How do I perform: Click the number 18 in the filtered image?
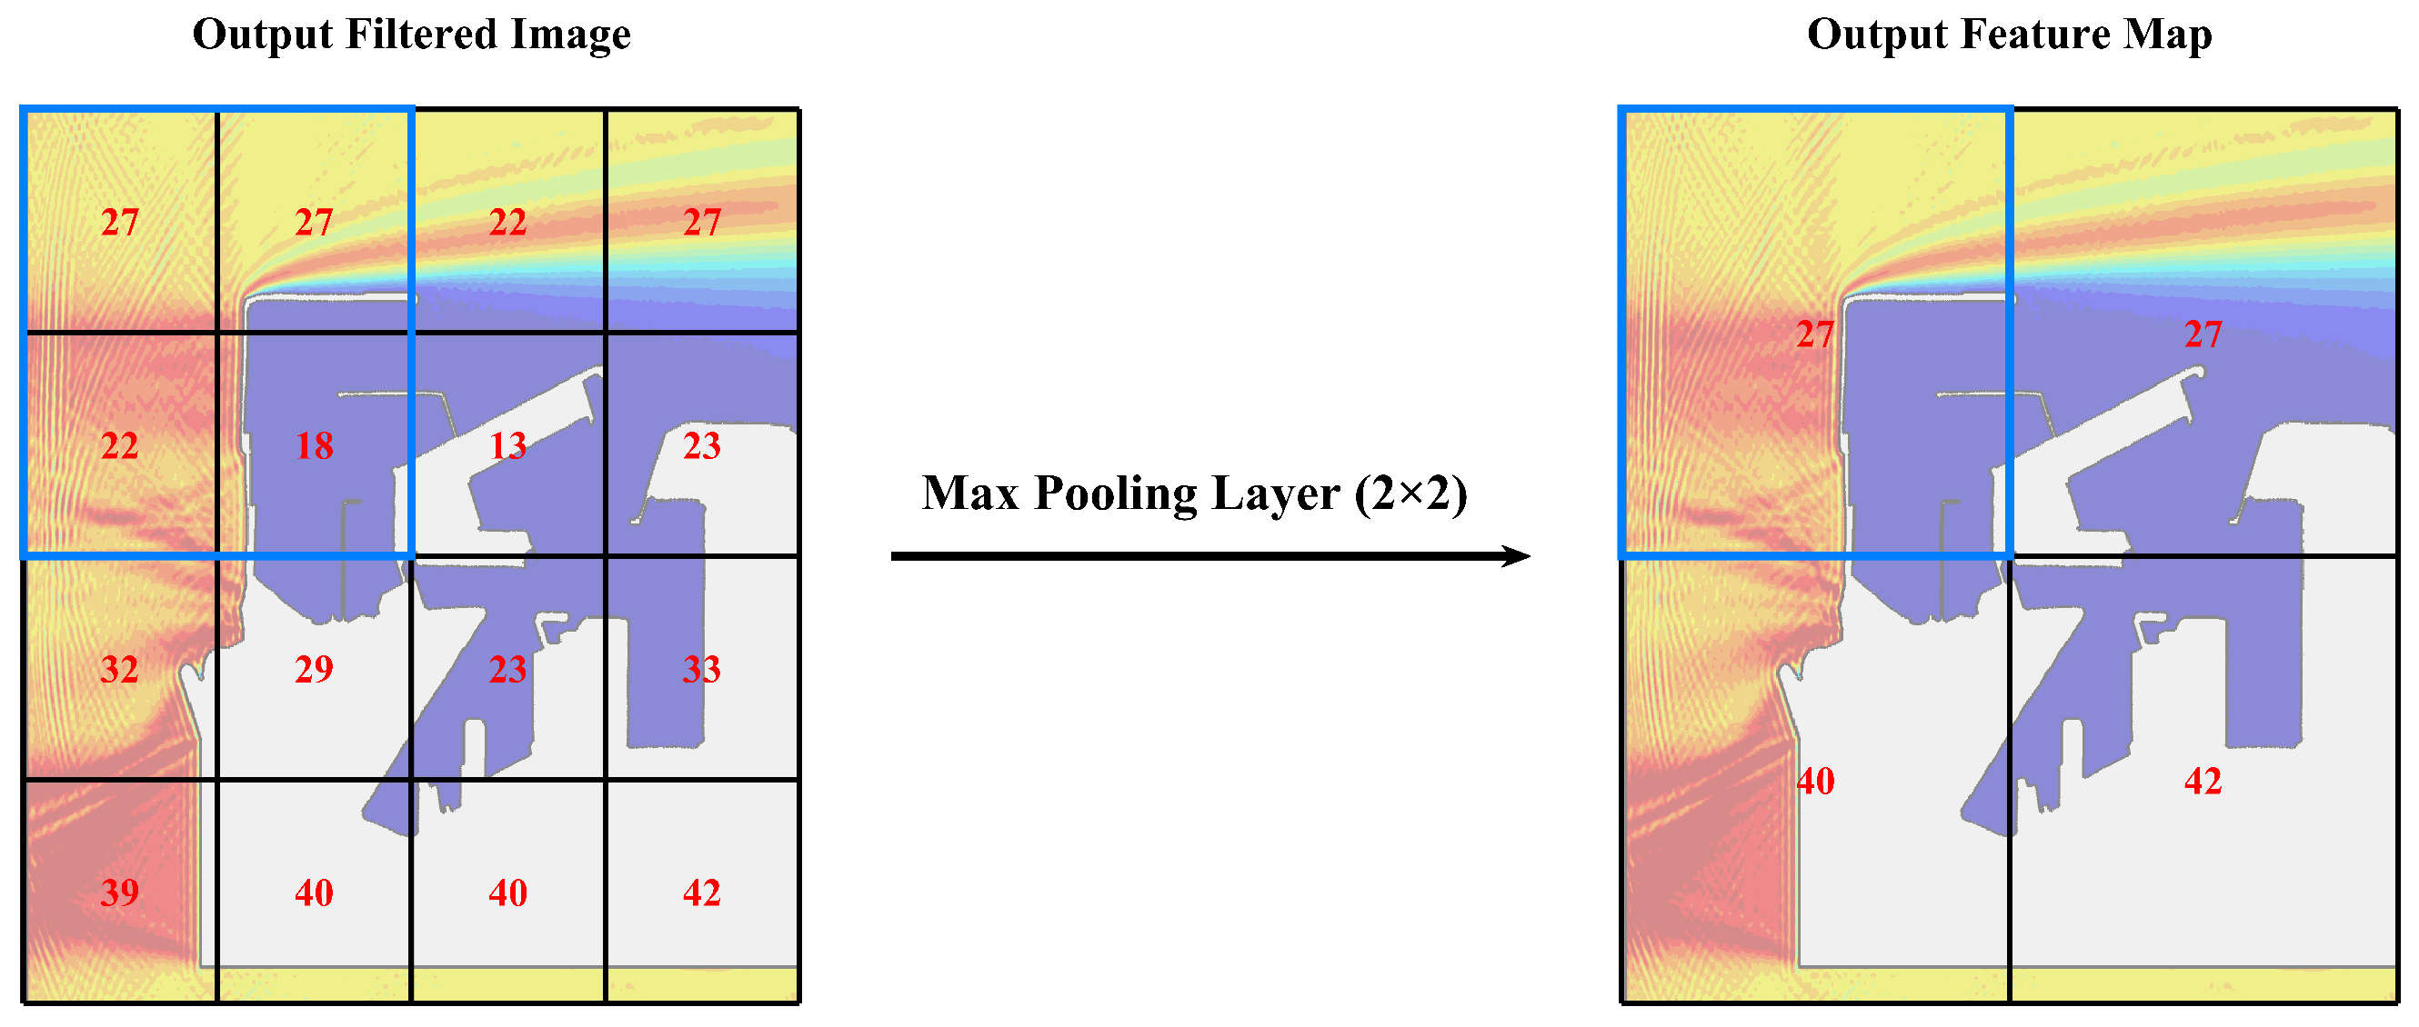click(x=314, y=446)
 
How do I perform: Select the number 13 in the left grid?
click(x=508, y=446)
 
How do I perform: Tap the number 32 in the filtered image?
click(x=119, y=669)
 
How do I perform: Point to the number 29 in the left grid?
click(x=314, y=669)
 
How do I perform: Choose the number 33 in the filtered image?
click(x=701, y=669)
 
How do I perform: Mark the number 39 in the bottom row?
click(x=119, y=892)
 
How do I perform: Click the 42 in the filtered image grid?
click(x=701, y=892)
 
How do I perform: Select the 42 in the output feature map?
click(x=2202, y=781)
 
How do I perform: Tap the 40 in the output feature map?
click(x=1814, y=781)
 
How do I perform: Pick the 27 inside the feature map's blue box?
click(x=1814, y=334)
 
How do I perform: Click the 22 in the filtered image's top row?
click(x=508, y=223)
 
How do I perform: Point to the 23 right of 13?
click(x=701, y=446)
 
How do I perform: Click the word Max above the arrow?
click(x=970, y=493)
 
